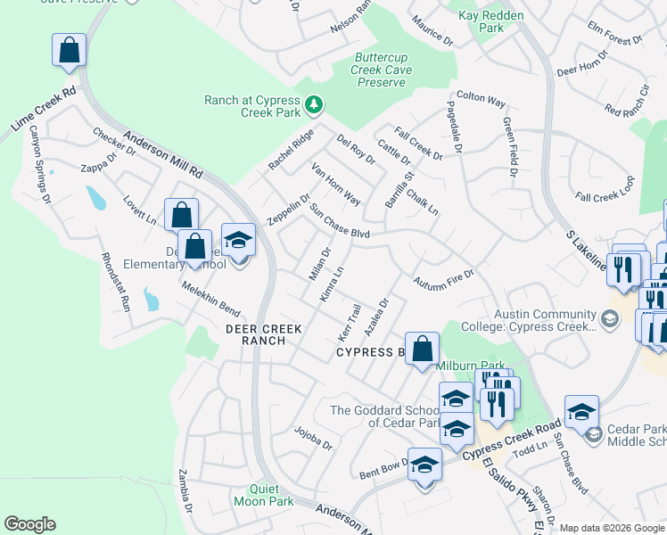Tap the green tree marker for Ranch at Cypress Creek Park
[313, 106]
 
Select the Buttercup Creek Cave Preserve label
[382, 70]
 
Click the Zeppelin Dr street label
[287, 210]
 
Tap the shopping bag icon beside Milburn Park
[422, 350]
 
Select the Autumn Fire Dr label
[443, 282]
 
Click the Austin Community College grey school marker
[609, 318]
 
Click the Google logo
[29, 524]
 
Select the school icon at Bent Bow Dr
[425, 465]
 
